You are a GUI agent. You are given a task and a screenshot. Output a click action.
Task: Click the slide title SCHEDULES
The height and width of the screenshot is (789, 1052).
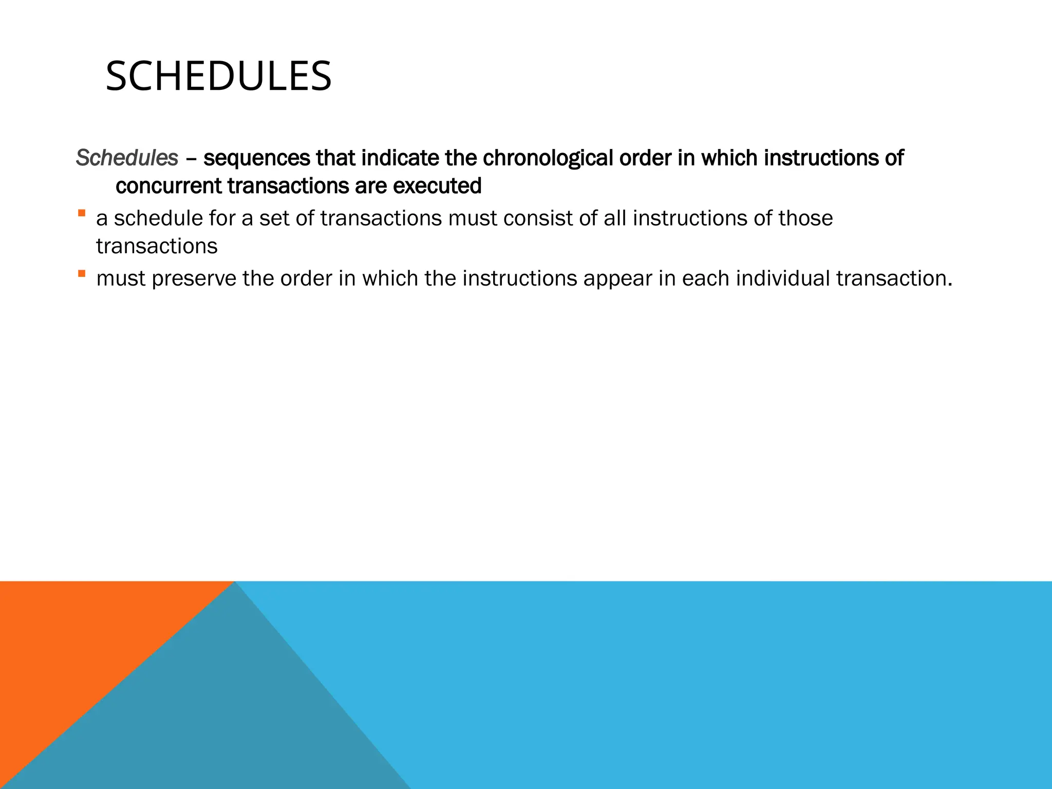click(218, 77)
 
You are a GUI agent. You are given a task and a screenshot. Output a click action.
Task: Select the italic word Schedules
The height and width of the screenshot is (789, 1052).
click(127, 158)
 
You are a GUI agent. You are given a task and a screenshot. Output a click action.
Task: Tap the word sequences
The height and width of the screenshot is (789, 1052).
click(256, 158)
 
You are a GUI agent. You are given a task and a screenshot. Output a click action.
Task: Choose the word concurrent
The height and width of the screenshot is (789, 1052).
click(168, 186)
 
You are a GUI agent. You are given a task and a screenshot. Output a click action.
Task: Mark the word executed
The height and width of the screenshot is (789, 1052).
click(437, 186)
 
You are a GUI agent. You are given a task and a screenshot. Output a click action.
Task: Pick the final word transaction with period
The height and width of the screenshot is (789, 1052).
click(894, 278)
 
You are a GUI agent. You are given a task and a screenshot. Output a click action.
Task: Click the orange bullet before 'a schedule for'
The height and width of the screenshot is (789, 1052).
click(82, 213)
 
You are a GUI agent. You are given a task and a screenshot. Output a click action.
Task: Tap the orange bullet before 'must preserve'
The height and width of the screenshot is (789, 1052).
click(82, 273)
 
